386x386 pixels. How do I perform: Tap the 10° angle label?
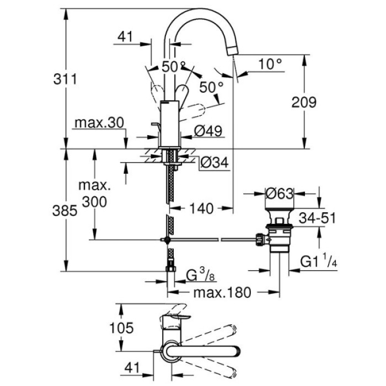tap(270, 65)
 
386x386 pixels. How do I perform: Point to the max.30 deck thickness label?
tap(99, 122)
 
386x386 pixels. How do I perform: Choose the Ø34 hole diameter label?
tap(213, 162)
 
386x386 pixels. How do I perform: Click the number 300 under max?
tap(95, 202)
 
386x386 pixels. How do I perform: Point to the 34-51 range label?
tap(317, 218)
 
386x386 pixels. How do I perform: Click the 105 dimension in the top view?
tap(121, 328)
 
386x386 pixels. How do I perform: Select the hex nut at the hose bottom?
tap(171, 270)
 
